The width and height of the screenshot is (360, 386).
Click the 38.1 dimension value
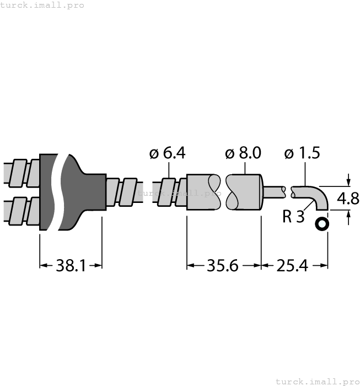click(x=71, y=266)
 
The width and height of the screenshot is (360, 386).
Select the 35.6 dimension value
click(x=222, y=266)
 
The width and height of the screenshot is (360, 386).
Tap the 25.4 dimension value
click(x=292, y=266)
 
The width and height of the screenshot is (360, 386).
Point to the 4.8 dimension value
click(x=348, y=199)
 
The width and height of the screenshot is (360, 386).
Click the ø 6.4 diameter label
click(x=167, y=154)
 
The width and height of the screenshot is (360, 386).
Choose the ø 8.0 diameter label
click(x=243, y=154)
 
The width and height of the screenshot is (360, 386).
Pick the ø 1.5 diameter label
click(x=302, y=154)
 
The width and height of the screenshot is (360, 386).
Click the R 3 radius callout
click(x=293, y=216)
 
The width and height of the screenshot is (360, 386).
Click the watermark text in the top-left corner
click(x=42, y=5)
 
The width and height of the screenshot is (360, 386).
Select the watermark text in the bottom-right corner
click(x=316, y=381)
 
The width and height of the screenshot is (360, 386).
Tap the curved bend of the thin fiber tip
click(x=320, y=196)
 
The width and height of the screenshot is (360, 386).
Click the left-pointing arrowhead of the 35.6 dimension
click(x=191, y=266)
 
